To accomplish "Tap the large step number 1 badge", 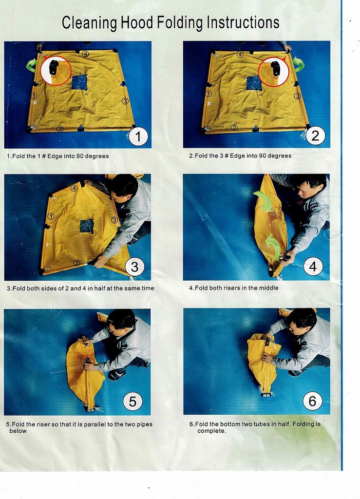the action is tap(138, 136).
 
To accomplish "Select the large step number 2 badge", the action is tap(315, 135).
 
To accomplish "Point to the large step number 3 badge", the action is tap(135, 267).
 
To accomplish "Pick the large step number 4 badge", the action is tap(313, 267).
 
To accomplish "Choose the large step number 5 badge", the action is tap(133, 401).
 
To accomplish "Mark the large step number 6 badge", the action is tap(312, 401).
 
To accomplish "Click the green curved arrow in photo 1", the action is tap(32, 65).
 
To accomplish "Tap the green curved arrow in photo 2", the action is tap(299, 64).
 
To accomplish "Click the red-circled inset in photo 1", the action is tap(56, 70).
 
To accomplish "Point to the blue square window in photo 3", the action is tap(87, 226).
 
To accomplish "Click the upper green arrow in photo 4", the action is tap(264, 200).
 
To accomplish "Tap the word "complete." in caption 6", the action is tap(212, 431).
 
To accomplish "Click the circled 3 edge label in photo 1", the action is tap(125, 100).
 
